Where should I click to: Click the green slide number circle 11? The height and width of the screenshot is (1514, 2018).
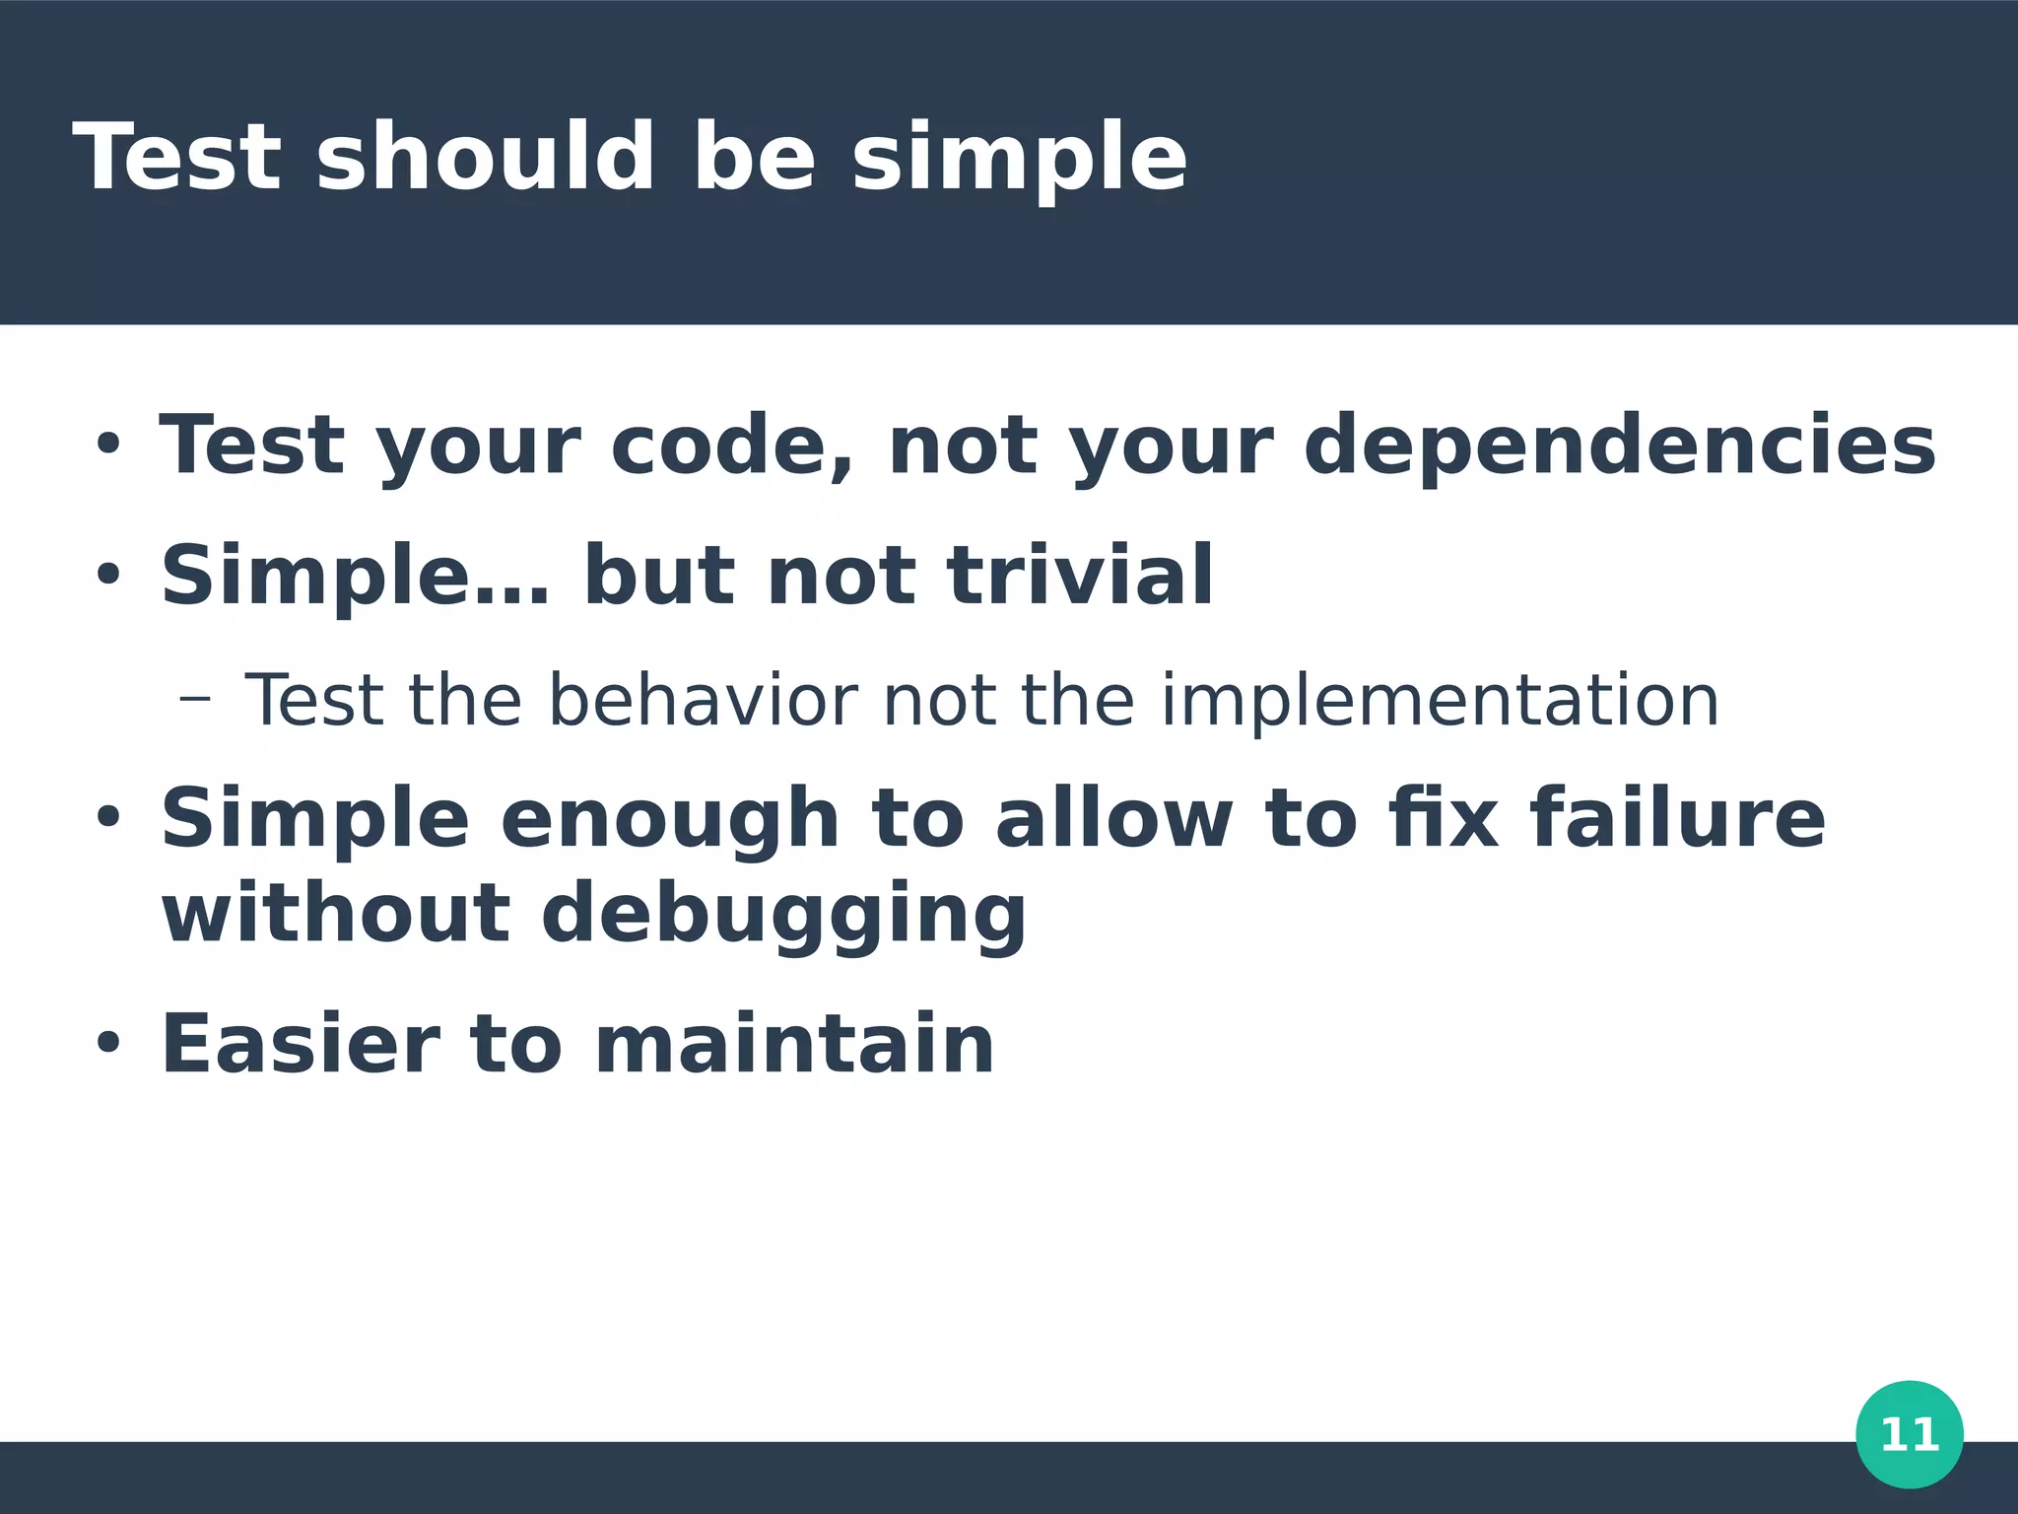tap(1909, 1434)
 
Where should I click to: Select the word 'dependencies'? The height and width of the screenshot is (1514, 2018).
tap(1619, 446)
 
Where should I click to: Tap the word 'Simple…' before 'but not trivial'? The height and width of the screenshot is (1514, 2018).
tap(355, 578)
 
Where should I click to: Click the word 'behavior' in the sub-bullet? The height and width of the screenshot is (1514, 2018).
tap(703, 701)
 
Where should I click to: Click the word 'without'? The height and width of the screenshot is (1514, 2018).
tap(335, 913)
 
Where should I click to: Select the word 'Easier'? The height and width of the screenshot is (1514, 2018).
tap(300, 1044)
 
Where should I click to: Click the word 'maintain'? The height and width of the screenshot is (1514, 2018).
tap(794, 1044)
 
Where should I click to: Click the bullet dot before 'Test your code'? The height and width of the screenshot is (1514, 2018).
tap(107, 443)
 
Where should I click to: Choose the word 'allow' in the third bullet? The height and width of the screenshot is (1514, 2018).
tap(1112, 818)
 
